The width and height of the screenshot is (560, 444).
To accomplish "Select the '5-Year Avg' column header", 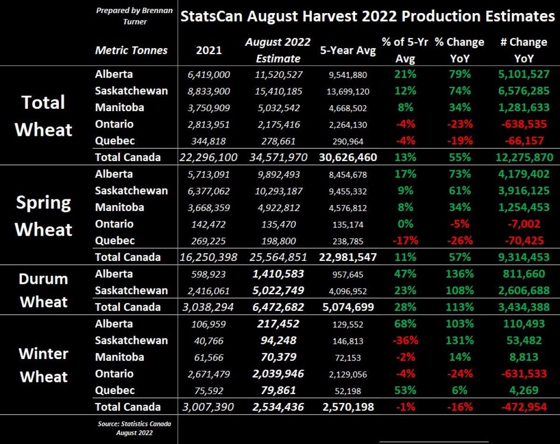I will [x=348, y=51].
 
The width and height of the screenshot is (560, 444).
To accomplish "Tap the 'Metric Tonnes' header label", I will [x=131, y=50].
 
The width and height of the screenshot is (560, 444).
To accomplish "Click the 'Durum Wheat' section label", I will [x=43, y=290].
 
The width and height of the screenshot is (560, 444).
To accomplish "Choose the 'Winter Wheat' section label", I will [x=43, y=365].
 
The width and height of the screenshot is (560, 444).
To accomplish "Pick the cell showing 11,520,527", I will [x=280, y=75].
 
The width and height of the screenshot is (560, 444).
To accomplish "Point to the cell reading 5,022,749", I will [x=280, y=291].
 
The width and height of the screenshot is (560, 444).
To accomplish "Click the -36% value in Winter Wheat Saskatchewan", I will [x=405, y=341].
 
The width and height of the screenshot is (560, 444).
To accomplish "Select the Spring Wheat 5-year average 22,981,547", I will [x=348, y=257].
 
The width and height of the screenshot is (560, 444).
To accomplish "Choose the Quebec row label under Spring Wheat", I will [x=114, y=241].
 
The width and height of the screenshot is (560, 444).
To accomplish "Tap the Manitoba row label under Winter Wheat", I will [x=119, y=357].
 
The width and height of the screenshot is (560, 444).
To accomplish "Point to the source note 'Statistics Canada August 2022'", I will [x=134, y=429].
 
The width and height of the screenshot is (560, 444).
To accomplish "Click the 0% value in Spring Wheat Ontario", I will [x=405, y=224].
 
